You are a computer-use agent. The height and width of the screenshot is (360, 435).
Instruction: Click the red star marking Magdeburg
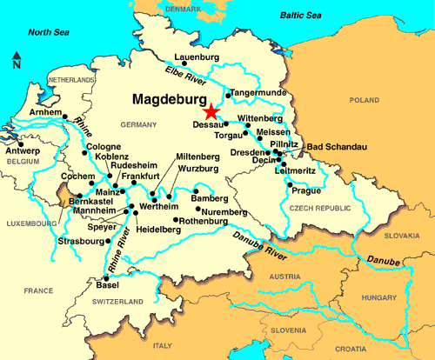[x=210, y=111]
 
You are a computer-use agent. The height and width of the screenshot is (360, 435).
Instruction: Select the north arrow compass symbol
[x=17, y=61]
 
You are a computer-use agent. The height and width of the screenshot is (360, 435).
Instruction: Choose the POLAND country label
[x=362, y=100]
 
